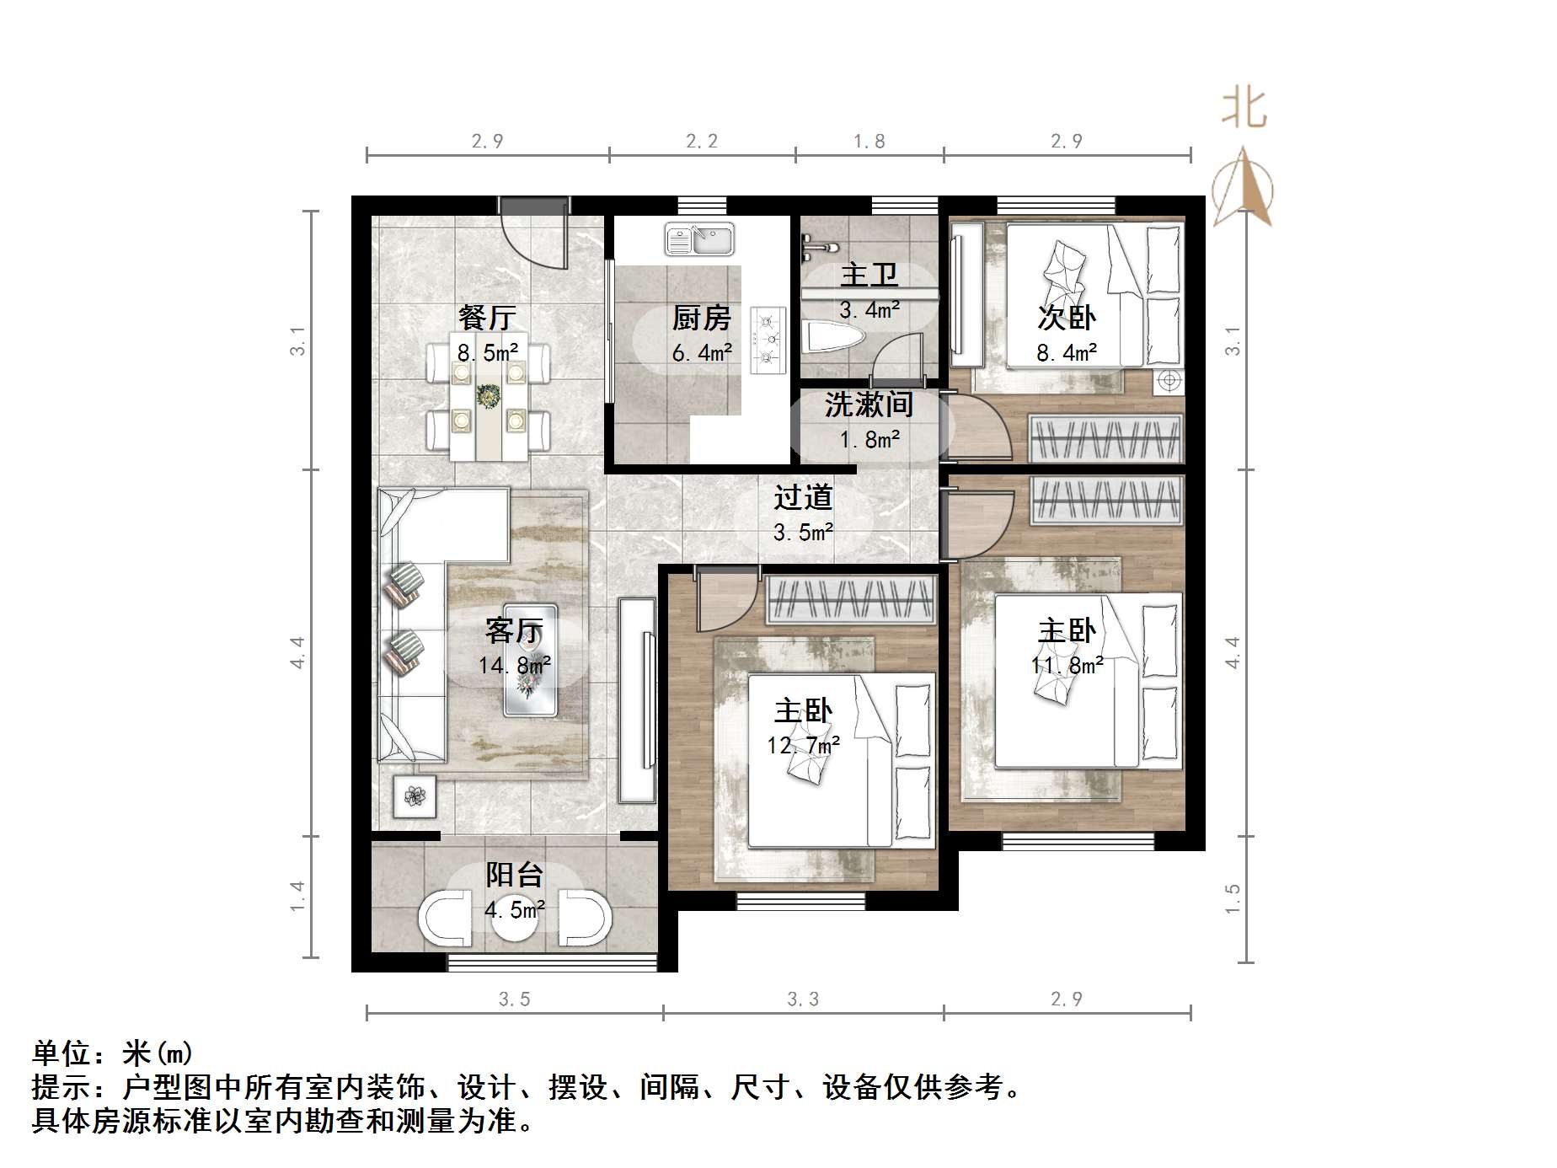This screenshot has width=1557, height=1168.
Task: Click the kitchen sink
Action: (699, 238)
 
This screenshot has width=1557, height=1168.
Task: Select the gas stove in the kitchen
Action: (768, 340)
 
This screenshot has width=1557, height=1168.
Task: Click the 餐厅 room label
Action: (487, 318)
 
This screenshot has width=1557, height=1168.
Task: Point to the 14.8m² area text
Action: (514, 666)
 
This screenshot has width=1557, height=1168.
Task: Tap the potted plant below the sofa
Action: (415, 796)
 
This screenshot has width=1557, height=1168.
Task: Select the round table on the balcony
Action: (515, 919)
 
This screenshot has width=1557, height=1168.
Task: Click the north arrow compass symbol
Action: (1243, 190)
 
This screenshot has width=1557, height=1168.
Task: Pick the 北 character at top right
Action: (1244, 110)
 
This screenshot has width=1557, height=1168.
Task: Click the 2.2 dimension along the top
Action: (702, 141)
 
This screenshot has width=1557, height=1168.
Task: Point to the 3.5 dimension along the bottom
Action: (514, 999)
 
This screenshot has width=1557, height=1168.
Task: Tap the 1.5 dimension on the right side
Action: (1233, 899)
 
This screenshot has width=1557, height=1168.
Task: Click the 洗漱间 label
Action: (869, 405)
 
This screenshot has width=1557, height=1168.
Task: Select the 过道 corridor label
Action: (803, 497)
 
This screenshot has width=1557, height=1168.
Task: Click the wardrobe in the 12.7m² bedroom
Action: (850, 600)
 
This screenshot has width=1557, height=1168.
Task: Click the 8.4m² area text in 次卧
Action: (1067, 353)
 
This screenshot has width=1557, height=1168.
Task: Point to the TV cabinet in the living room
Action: (637, 699)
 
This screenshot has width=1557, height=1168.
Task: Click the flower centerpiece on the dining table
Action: (487, 394)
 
